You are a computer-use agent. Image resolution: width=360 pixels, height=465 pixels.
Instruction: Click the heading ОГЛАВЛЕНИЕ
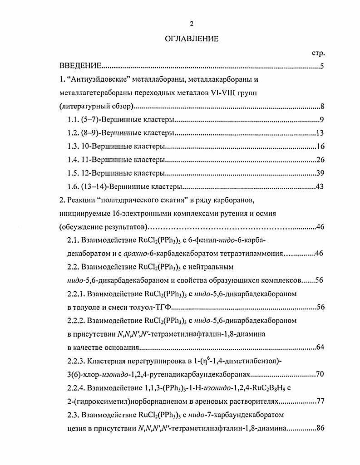coord(191,39)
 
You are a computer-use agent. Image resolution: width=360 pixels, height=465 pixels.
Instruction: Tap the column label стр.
coord(318,53)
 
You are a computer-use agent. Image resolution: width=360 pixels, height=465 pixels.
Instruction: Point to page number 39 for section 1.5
coord(319,174)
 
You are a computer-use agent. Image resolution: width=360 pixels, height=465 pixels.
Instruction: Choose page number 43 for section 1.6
coord(319,187)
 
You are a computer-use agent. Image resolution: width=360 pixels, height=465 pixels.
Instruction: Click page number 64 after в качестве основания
coord(319,348)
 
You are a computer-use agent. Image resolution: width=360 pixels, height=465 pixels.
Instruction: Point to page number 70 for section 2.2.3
coord(319,375)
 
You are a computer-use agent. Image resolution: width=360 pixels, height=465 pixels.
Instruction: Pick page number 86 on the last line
coord(319,428)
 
